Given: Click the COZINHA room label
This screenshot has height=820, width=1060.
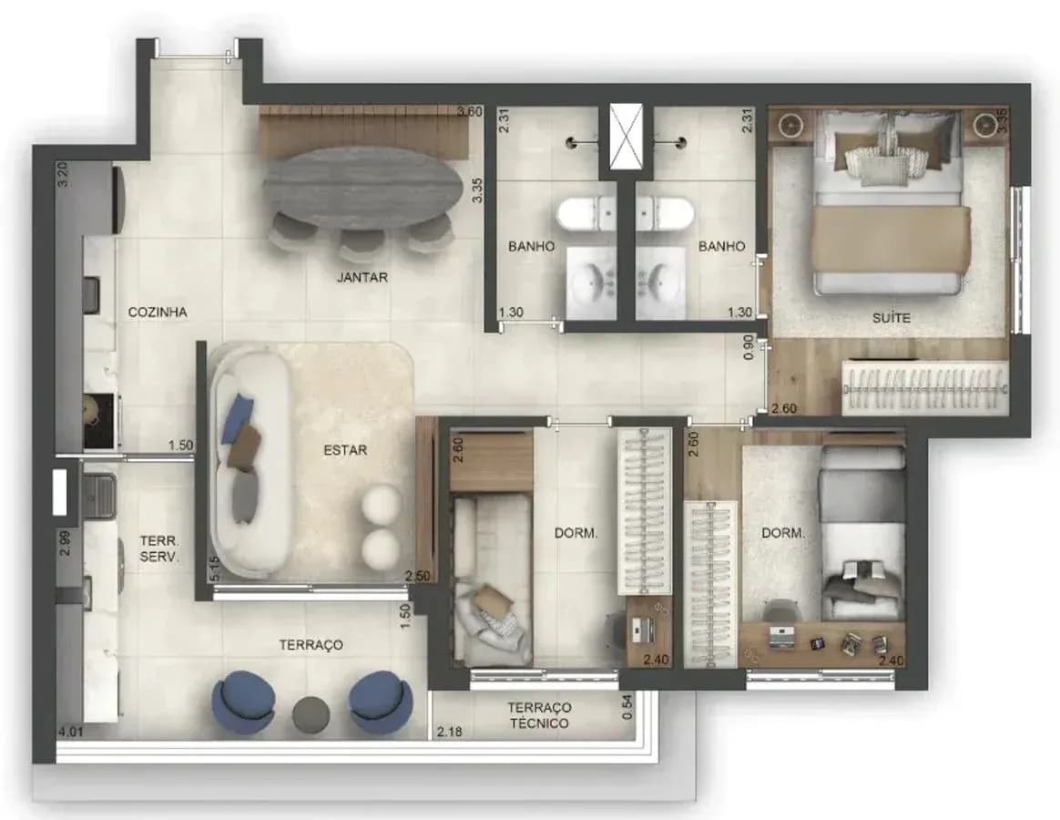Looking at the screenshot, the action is (x=158, y=312).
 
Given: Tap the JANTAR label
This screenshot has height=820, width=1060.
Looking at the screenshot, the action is (x=362, y=277).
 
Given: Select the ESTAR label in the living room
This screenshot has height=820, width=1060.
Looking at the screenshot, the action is (x=345, y=450).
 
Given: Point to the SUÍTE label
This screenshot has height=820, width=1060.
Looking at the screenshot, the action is (x=891, y=317).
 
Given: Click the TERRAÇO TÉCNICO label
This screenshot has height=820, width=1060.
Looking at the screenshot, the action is (x=539, y=715).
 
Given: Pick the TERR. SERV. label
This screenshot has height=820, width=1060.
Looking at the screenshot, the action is (x=159, y=549).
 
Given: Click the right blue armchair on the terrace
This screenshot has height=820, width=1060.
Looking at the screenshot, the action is (x=382, y=702).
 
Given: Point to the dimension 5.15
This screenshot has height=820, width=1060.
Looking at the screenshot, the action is (x=215, y=569).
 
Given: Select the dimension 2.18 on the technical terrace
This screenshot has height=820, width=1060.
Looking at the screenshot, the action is (x=450, y=732).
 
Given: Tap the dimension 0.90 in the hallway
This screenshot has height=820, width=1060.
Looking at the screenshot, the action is (x=748, y=346).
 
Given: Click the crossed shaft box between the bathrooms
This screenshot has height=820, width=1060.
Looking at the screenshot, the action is (x=626, y=138).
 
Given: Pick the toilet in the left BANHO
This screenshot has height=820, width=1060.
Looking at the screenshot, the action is (x=586, y=213).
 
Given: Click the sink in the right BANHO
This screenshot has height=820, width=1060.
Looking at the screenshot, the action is (x=660, y=280).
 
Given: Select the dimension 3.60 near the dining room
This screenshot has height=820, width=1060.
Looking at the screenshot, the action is (x=470, y=112).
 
